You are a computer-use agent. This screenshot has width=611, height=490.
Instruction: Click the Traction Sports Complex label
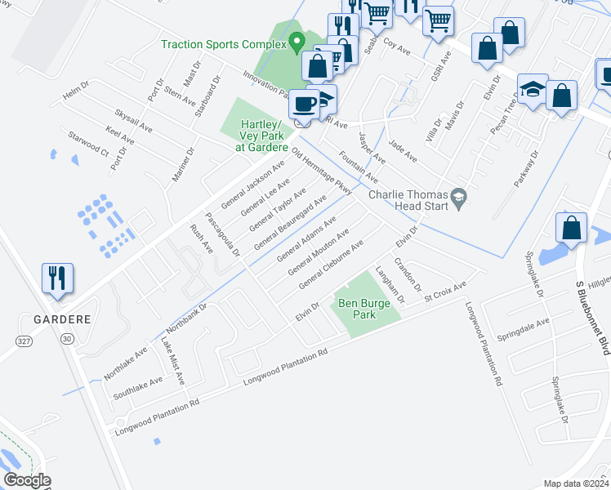pos(224,43)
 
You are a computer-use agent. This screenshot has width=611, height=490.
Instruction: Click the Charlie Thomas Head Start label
pos(408,200)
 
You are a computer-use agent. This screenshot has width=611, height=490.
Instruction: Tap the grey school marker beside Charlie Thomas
pos(460,195)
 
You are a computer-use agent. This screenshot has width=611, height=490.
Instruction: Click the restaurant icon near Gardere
pos(57,278)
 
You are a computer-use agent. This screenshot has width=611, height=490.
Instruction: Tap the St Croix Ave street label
pos(444,293)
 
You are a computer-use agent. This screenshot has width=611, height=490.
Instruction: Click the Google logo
pos(27,480)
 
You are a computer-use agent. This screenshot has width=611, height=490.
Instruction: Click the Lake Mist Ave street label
pos(172,362)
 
